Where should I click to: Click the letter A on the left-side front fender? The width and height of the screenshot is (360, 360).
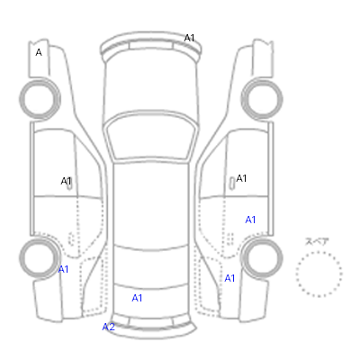pyautogui.click(x=39, y=52)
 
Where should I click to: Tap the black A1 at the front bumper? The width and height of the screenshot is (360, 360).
pyautogui.click(x=189, y=38)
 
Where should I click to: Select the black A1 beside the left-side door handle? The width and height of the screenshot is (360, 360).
pyautogui.click(x=66, y=181)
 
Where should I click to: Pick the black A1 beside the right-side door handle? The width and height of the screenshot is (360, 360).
pyautogui.click(x=241, y=178)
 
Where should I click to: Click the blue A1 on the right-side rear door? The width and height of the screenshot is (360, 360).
pyautogui.click(x=250, y=220)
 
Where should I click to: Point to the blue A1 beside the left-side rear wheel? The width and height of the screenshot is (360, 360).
pyautogui.click(x=63, y=269)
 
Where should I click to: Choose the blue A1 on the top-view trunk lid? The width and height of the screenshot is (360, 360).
pyautogui.click(x=137, y=298)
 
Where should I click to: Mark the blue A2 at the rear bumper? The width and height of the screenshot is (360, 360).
pyautogui.click(x=109, y=327)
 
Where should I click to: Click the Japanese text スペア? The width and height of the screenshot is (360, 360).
pyautogui.click(x=317, y=241)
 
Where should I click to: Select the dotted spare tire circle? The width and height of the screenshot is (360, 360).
pyautogui.click(x=319, y=252)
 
